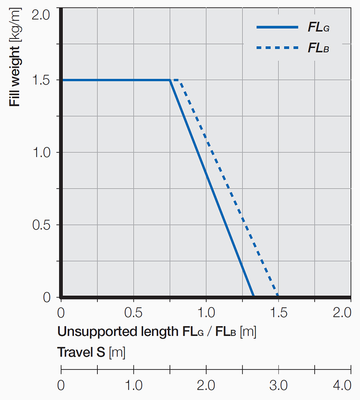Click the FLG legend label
click(x=318, y=28)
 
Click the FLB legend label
click(x=318, y=48)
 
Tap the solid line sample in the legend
click(x=277, y=28)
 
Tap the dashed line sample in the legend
click(x=277, y=48)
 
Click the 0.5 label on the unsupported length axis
click(x=134, y=313)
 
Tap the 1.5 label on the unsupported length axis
click(x=279, y=313)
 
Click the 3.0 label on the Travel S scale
click(x=279, y=386)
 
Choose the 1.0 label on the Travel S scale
click(x=134, y=386)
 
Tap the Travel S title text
click(x=91, y=352)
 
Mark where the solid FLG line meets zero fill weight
click(x=253, y=296)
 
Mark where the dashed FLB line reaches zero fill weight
click(x=278, y=296)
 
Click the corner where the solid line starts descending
click(x=170, y=80)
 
